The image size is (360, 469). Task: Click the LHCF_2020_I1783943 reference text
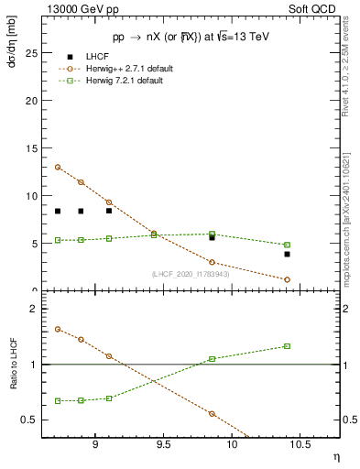[191, 274]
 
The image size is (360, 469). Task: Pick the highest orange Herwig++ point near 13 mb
[58, 167]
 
